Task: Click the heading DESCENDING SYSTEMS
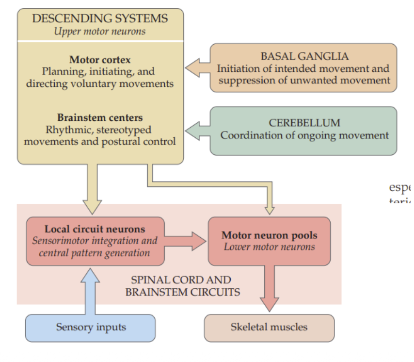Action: (x=100, y=19)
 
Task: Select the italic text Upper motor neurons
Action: (x=100, y=32)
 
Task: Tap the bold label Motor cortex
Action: (x=100, y=60)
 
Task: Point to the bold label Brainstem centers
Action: (x=100, y=118)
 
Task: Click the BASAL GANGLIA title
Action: (x=304, y=56)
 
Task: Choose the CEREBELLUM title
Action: (x=304, y=123)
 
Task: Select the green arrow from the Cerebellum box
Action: (x=198, y=131)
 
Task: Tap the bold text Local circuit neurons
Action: (x=95, y=229)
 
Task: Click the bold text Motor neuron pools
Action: (x=270, y=235)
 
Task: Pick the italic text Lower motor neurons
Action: (x=270, y=247)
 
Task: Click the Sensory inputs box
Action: (x=91, y=328)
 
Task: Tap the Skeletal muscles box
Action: (x=269, y=328)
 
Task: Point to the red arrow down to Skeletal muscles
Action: (x=269, y=289)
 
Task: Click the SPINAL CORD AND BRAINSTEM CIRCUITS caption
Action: (x=182, y=286)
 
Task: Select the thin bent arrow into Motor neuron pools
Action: (x=218, y=185)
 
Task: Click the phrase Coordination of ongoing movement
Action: (x=304, y=135)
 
